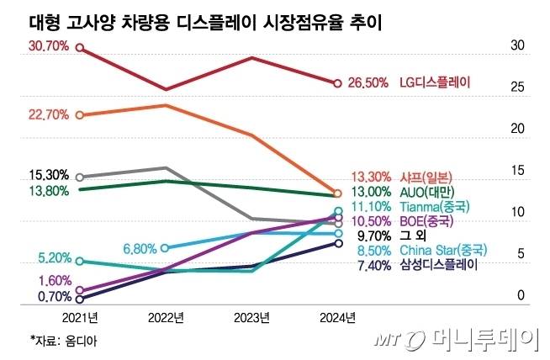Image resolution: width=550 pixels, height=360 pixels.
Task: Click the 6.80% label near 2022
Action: (x=140, y=249)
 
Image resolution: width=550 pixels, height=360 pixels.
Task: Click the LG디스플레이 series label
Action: (x=435, y=83)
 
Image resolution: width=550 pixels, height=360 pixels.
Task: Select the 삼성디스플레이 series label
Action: (x=439, y=265)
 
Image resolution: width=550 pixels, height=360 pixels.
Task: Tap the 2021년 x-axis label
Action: (x=79, y=317)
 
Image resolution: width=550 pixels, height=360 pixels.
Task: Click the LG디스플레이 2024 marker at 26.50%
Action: (x=337, y=83)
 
